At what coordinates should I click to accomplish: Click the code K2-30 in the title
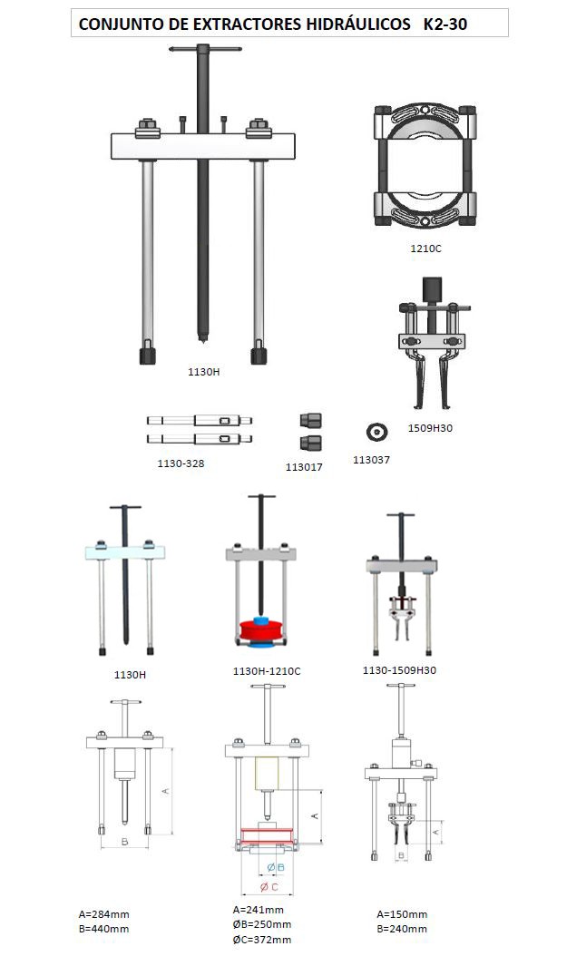[x=445, y=24]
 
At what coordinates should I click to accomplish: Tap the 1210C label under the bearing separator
[x=425, y=249]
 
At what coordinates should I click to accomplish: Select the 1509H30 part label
[x=430, y=428]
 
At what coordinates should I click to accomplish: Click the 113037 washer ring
[x=376, y=433]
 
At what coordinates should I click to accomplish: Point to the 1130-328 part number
[x=181, y=463]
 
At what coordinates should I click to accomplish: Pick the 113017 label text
[x=304, y=467]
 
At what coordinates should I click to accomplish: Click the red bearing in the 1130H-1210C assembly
[x=261, y=629]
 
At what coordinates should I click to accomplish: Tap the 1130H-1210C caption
[x=267, y=671]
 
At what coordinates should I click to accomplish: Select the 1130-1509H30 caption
[x=399, y=670]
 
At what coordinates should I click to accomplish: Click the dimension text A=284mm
[x=103, y=914]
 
